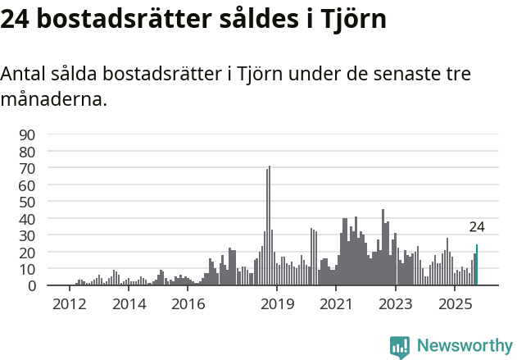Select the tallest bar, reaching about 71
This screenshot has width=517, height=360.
tap(270, 226)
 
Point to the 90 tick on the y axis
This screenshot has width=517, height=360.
tap(27, 134)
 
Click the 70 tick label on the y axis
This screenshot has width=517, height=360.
tap(27, 168)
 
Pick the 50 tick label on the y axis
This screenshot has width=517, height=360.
tap(27, 202)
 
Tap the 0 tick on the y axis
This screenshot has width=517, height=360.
tap(31, 285)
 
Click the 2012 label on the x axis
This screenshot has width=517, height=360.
tap(69, 304)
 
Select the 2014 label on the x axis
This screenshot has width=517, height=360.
tap(129, 304)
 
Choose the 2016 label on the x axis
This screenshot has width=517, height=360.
tap(188, 304)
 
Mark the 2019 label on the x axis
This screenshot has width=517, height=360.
tap(278, 304)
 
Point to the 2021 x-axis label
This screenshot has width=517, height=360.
tap(337, 304)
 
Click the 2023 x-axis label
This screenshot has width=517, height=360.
tap(396, 304)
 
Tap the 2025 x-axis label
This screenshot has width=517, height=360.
tap(455, 304)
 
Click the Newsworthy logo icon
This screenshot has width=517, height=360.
tap(400, 347)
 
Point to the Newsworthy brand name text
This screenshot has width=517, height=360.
tap(465, 347)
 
